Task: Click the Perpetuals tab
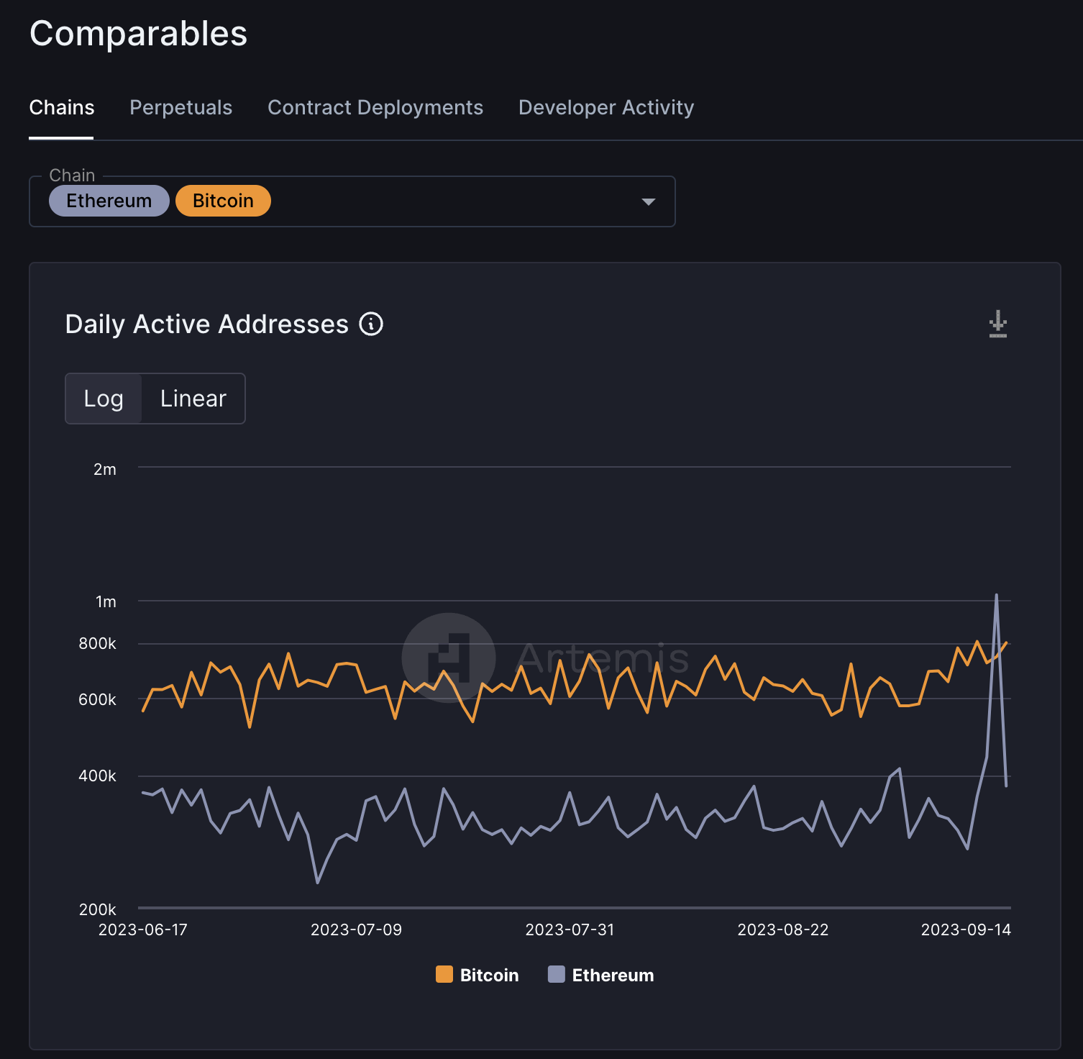[180, 107]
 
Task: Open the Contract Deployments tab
[375, 107]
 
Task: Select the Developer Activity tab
[606, 107]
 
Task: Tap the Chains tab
[62, 107]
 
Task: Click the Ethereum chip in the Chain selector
[109, 201]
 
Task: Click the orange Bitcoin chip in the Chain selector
[223, 201]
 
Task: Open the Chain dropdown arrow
[648, 201]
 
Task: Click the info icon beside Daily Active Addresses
[371, 324]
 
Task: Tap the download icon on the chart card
[997, 324]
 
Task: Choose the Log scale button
[104, 399]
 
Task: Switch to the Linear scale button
[193, 399]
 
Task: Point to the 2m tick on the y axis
[105, 470]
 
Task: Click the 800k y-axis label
[97, 644]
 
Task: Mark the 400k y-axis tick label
[97, 776]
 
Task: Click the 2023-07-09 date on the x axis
[356, 930]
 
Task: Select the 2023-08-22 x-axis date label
[782, 930]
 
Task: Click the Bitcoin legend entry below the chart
[477, 975]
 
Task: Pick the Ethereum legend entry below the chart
[601, 975]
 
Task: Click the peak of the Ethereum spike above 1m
[996, 596]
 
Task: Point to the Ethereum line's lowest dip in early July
[317, 882]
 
